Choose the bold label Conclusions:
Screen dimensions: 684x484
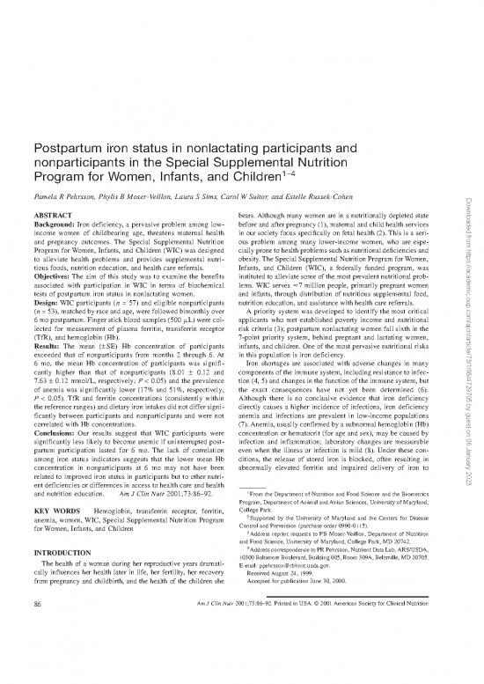(x=55, y=482)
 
